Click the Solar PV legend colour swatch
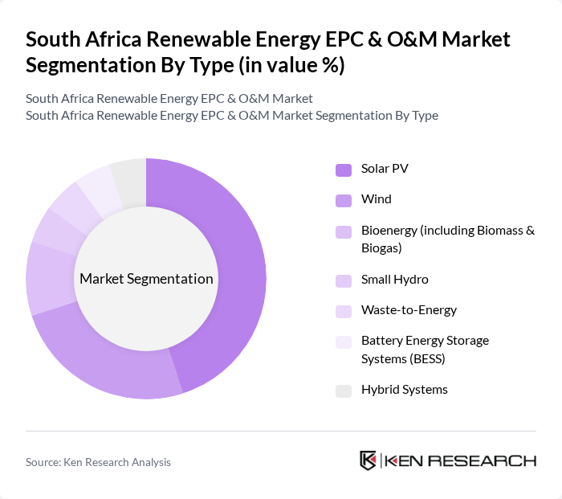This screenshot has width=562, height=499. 344,170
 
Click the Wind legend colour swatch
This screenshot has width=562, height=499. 344,199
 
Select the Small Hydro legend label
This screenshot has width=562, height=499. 394,280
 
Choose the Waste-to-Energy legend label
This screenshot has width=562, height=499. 409,309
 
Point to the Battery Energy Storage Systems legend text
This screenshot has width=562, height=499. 425,349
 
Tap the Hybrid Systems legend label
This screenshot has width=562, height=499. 404,389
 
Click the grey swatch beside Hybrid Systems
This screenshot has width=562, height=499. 344,391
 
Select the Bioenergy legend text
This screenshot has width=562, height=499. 447,239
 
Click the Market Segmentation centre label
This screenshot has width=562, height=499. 146,279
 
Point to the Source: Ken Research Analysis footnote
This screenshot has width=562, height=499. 98,462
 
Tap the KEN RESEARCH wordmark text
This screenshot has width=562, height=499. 460,460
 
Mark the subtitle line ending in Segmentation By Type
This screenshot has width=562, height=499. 231,115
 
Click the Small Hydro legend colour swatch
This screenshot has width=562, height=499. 344,280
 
